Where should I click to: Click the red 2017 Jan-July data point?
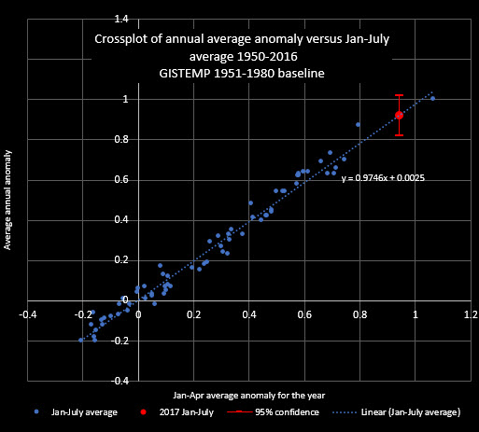399,115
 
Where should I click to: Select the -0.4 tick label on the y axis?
120,382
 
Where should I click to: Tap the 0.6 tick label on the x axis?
304,314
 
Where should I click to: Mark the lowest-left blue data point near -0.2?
81,340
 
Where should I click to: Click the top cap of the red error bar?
399,95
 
